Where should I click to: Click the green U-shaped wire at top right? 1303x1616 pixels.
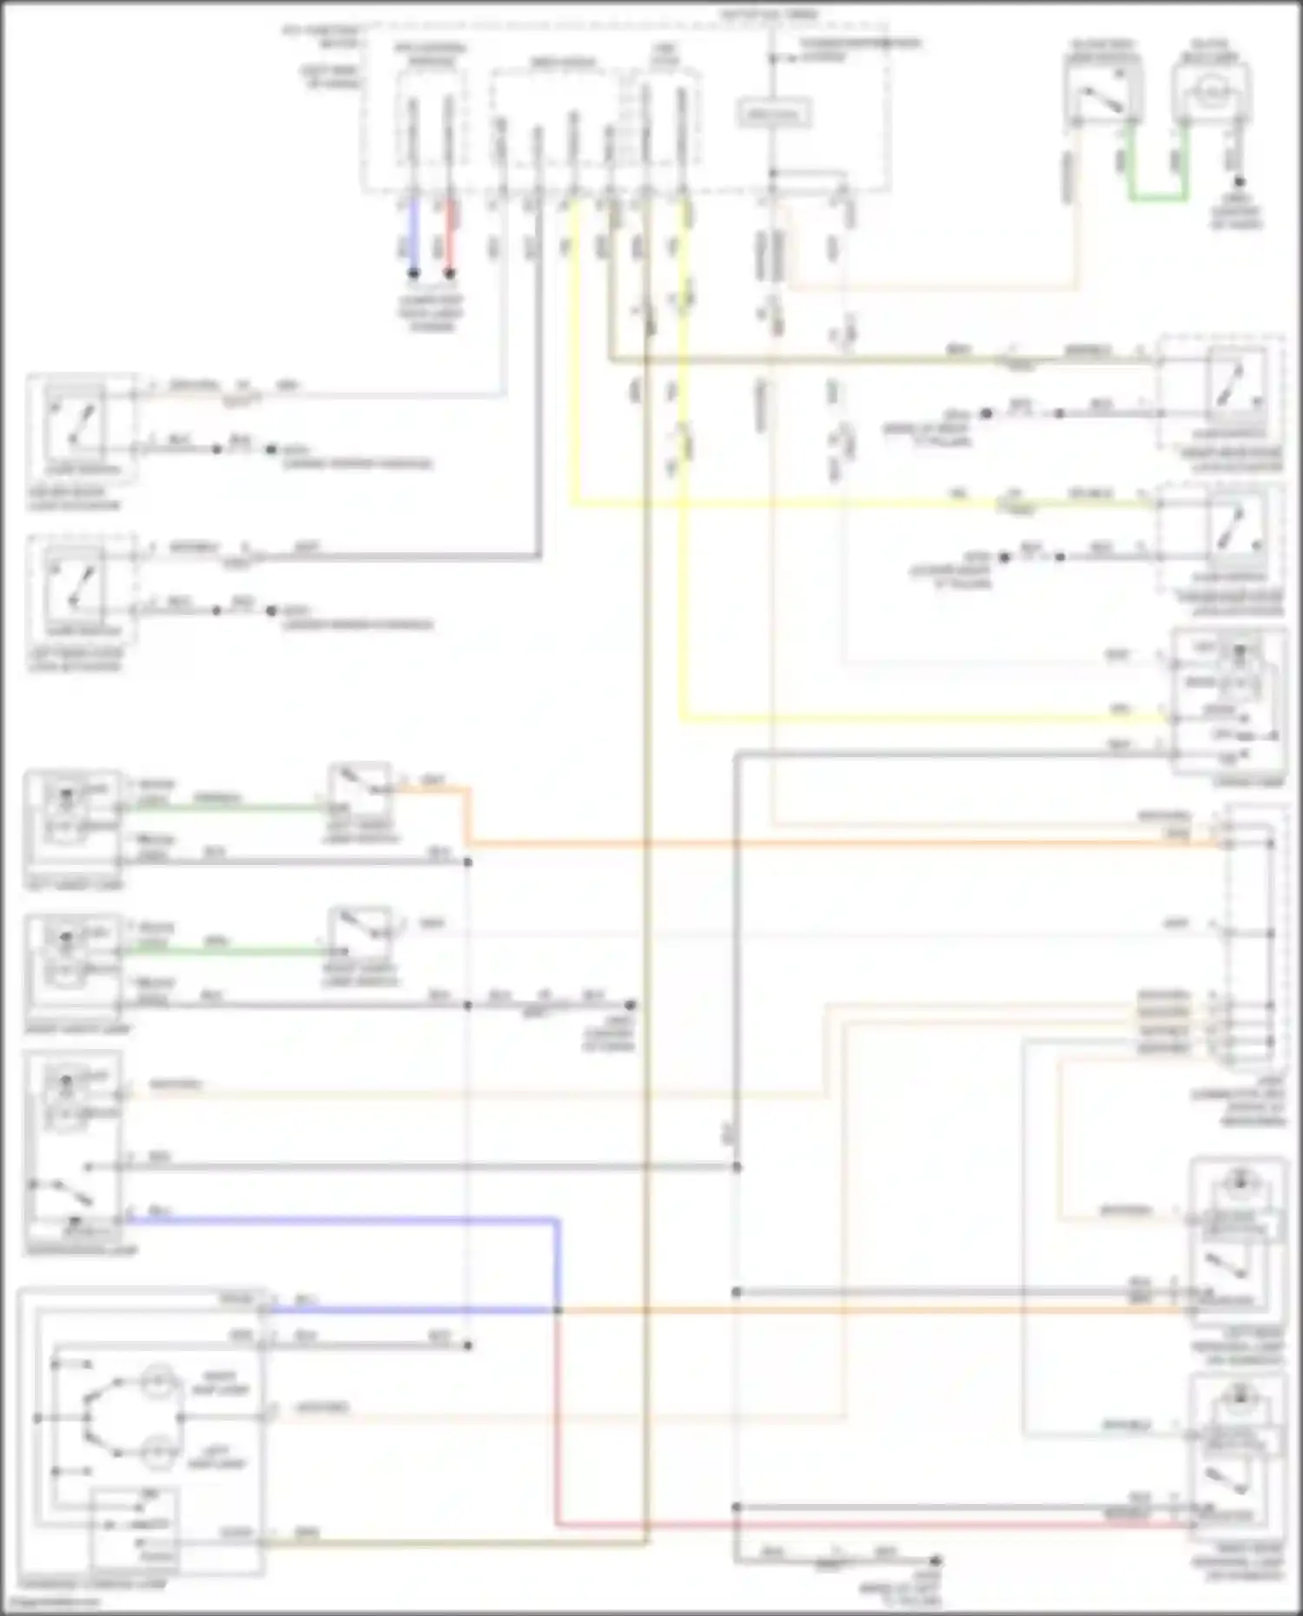tap(1158, 199)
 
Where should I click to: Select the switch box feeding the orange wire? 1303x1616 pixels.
tap(360, 791)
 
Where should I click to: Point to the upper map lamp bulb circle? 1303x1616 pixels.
tap(156, 1381)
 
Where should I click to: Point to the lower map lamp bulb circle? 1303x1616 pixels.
tap(156, 1452)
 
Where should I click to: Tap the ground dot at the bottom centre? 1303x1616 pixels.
tap(936, 1560)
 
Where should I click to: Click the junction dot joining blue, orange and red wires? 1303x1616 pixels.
tap(558, 1309)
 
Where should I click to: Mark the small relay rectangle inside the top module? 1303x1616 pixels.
tap(774, 115)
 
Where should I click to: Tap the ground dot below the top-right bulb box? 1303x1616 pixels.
tap(1240, 182)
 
